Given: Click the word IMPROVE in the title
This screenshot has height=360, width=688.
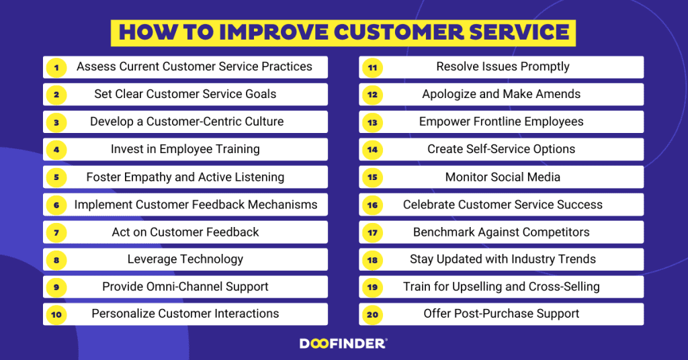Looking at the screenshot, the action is coord(273,32).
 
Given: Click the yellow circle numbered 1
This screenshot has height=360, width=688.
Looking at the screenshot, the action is coord(56,68).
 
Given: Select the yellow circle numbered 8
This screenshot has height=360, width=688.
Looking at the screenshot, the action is coord(56,260).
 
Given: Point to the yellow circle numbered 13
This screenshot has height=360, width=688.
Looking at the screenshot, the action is coord(372,122).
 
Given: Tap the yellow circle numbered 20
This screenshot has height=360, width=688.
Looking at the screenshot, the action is coord(372,314).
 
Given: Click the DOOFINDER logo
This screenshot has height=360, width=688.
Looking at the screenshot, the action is coord(343,343).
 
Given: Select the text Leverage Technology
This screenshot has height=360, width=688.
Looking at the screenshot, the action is coord(185,259).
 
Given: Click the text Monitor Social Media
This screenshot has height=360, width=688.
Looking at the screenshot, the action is coord(503,177).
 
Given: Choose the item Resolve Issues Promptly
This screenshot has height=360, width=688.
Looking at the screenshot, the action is coord(503,66).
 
